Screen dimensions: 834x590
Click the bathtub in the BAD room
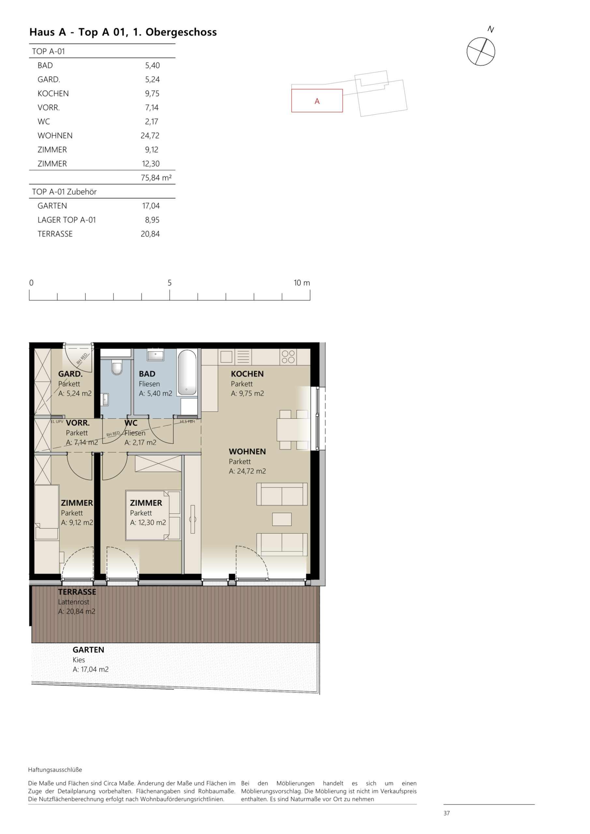[187, 372]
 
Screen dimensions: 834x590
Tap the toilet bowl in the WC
[116, 368]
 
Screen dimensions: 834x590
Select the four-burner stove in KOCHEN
[288, 357]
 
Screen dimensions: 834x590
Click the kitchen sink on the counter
[226, 357]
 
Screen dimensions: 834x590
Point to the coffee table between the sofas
[282, 519]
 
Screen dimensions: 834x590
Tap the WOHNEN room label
[247, 452]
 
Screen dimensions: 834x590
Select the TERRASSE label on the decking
[77, 592]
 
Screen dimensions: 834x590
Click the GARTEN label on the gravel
[88, 650]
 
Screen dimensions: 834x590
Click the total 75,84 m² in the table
[156, 178]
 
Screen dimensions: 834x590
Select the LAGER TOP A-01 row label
[66, 220]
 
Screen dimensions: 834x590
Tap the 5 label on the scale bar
[170, 282]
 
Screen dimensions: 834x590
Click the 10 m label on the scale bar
[302, 282]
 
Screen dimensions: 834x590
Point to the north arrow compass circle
[480, 51]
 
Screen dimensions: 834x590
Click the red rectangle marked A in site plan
[317, 101]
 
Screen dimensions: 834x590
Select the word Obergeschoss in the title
[181, 32]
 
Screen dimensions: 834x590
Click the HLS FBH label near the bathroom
[187, 421]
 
